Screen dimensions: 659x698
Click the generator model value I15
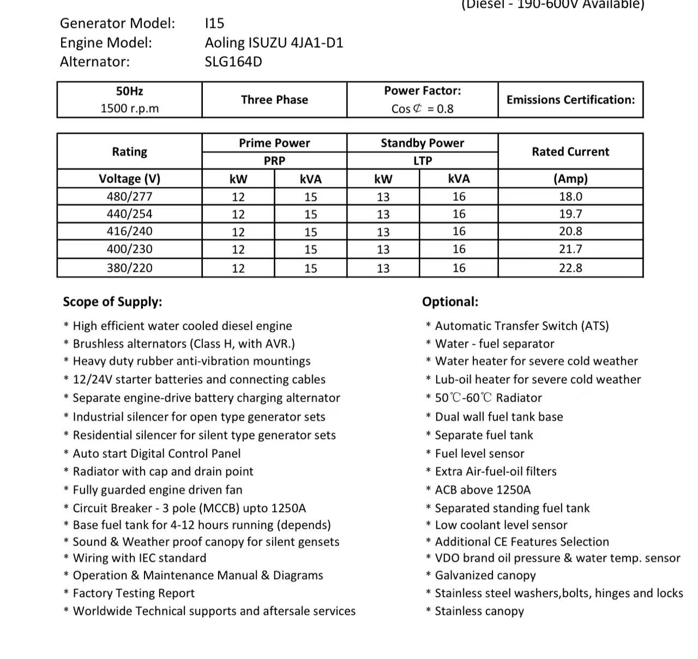coord(214,23)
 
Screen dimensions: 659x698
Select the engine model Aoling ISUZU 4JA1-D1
coord(274,43)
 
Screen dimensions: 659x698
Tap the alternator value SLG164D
coord(233,62)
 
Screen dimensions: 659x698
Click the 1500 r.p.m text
coord(130,109)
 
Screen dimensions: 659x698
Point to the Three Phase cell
coord(274,100)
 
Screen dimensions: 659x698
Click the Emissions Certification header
coord(570,100)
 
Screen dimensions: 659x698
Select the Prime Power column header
coord(274,143)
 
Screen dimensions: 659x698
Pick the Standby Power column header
coord(422,143)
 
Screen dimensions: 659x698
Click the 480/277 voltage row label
coord(130,196)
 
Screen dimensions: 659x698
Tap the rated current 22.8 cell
coord(570,268)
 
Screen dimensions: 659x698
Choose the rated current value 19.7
coord(570,214)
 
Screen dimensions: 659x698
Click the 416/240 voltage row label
coord(130,231)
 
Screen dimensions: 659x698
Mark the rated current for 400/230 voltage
coord(570,249)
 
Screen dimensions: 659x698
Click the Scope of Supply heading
coord(112,302)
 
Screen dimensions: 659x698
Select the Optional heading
coord(450,302)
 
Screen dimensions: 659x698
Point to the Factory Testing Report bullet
coord(133,593)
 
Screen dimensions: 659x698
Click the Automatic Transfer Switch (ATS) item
coord(521,326)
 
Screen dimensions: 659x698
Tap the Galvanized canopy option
coord(485,576)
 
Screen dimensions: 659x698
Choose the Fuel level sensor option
coord(479,453)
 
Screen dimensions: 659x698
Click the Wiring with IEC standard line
coord(139,558)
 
